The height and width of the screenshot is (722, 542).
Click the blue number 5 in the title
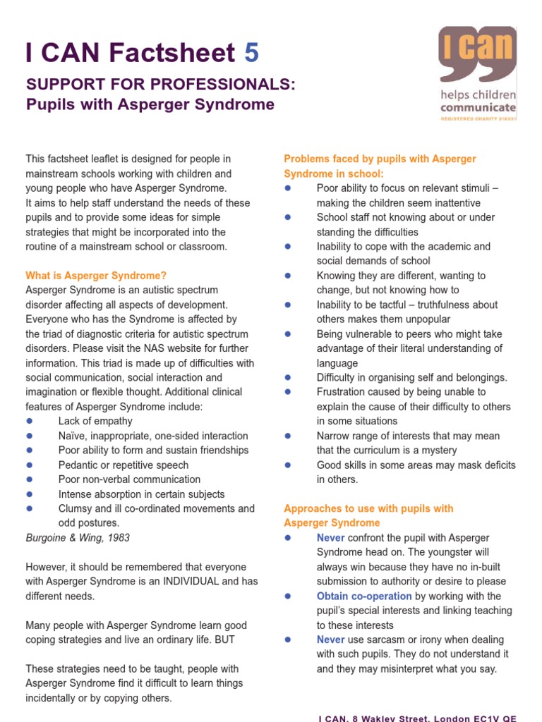tap(251, 52)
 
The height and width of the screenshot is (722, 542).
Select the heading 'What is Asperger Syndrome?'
tap(96, 276)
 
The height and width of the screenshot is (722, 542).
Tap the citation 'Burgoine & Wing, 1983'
tap(78, 537)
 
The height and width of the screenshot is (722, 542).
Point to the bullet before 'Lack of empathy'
tap(30, 421)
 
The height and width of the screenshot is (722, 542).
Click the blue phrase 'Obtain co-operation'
tap(363, 596)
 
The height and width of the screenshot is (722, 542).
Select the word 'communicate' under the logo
tap(478, 108)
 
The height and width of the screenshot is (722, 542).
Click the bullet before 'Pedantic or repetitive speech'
tap(30, 465)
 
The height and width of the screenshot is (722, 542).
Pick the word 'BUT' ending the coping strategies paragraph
tap(226, 640)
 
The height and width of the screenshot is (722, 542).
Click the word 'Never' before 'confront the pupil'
tap(330, 537)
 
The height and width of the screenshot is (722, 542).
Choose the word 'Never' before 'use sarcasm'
tap(330, 640)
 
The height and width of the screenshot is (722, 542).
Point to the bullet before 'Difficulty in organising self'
tap(287, 377)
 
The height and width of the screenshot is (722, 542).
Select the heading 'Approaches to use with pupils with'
tap(368, 508)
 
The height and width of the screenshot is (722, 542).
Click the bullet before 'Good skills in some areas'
tap(287, 465)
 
